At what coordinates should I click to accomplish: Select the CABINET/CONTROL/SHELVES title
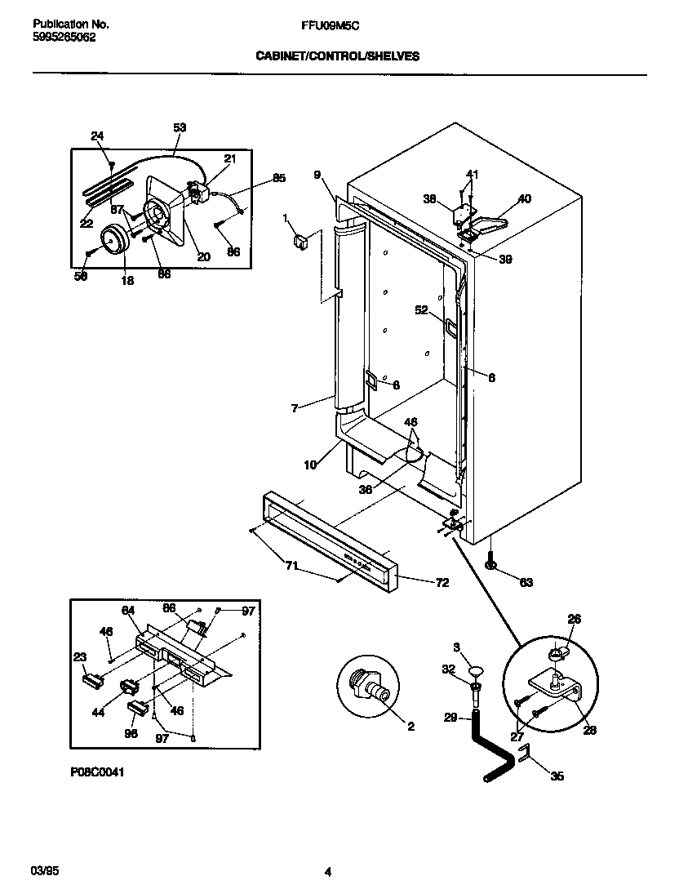click(338, 56)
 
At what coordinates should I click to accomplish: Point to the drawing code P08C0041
click(98, 770)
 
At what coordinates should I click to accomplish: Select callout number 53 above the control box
click(180, 127)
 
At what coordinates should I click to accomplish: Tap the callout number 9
click(317, 173)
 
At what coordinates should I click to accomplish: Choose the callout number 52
click(421, 309)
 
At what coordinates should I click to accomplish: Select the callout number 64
click(127, 609)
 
